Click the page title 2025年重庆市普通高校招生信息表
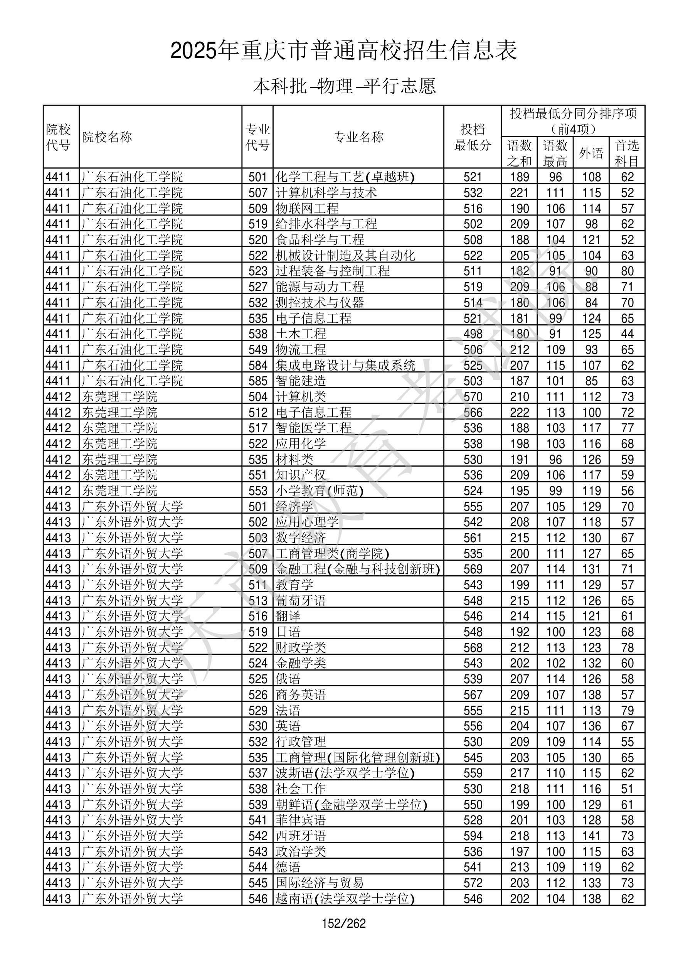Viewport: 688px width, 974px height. pos(343,51)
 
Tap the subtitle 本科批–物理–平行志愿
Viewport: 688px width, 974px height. pos(344,86)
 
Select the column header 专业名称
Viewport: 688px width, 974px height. pos(358,137)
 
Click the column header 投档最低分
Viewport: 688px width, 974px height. pos(473,137)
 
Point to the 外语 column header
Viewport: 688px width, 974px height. pos(591,153)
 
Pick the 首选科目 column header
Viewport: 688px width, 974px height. pos(627,153)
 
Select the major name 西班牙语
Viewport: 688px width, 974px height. pos(301,836)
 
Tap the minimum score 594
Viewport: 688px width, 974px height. pos(473,836)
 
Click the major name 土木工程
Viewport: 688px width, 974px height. pos(301,334)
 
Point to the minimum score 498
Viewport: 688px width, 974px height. pos(473,334)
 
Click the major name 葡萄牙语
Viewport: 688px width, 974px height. pos(301,601)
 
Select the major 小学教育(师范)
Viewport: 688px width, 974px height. pos(320,491)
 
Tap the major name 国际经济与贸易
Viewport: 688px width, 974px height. pos(320,883)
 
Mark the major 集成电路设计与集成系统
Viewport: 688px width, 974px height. pos(345,365)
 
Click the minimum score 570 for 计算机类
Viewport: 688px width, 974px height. pos(473,397)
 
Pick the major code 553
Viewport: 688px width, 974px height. pos(258,491)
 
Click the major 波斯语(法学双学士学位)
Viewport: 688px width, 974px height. pos(345,773)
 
